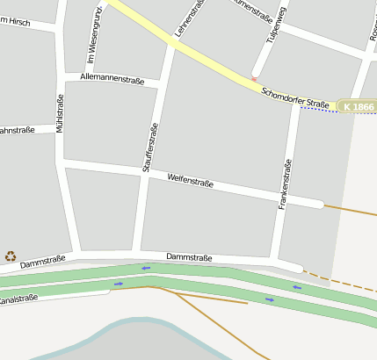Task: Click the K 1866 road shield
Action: pyautogui.click(x=359, y=106)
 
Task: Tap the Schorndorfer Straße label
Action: pyautogui.click(x=295, y=97)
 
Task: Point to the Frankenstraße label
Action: pyautogui.click(x=284, y=184)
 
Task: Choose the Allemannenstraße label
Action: pyautogui.click(x=112, y=79)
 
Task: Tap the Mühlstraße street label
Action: pyautogui.click(x=60, y=115)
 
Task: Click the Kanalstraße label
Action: pyautogui.click(x=18, y=299)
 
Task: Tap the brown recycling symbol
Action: pyautogui.click(x=11, y=256)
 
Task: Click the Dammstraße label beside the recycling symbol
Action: pyautogui.click(x=43, y=261)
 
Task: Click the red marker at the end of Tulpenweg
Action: pyautogui.click(x=255, y=80)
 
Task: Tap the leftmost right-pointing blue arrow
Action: pyautogui.click(x=119, y=284)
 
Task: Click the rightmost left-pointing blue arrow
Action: pyautogui.click(x=297, y=287)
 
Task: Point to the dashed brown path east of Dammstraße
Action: pyautogui.click(x=343, y=280)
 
